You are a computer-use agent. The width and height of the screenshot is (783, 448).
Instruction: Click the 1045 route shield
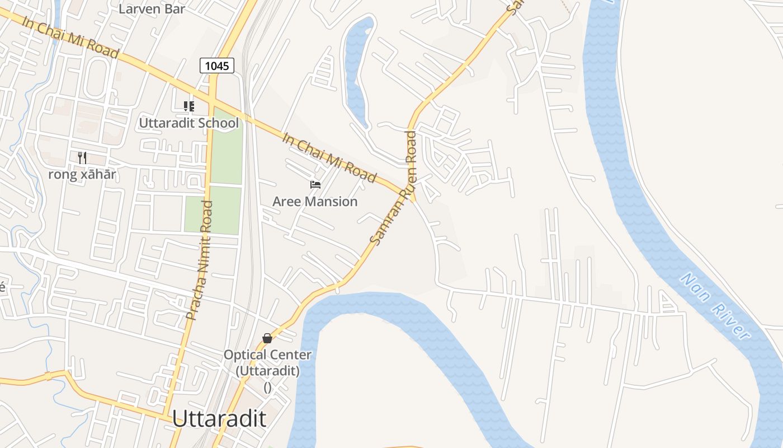tap(217, 66)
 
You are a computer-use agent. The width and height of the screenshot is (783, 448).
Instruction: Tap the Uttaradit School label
tap(188, 123)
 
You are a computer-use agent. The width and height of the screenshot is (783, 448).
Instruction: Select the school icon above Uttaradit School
tap(189, 106)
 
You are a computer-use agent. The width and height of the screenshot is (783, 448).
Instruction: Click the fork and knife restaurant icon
tap(82, 158)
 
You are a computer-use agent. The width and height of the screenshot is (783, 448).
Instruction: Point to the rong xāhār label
tap(82, 174)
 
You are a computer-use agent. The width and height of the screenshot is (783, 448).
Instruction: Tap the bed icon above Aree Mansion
tap(315, 185)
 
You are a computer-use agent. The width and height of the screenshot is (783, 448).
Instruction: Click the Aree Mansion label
tap(315, 201)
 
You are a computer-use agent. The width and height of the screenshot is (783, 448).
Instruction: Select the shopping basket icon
tap(267, 338)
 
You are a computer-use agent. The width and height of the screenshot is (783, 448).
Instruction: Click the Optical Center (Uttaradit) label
tap(267, 362)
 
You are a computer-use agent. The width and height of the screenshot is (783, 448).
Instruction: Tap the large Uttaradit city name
tap(219, 418)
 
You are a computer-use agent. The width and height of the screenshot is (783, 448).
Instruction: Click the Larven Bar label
tap(152, 8)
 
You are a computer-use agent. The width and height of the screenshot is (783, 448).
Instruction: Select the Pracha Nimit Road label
tap(200, 260)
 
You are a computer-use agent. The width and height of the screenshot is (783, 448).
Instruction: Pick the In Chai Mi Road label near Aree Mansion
tap(329, 157)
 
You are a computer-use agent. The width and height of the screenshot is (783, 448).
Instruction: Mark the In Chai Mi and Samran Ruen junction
tap(411, 196)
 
